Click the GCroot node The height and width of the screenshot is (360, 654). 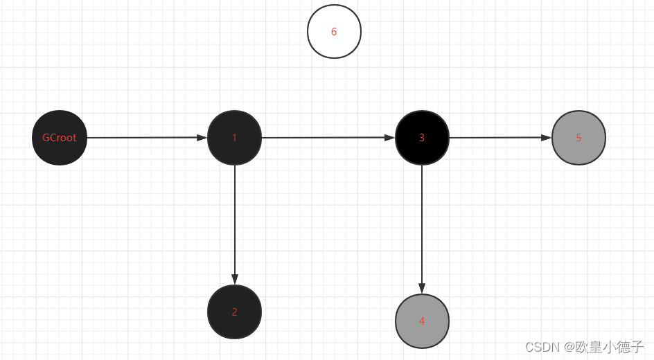coord(60,138)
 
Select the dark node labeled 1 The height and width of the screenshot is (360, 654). coord(234,138)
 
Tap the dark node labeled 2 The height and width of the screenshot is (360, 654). coord(234,312)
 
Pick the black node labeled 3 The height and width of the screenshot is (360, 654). coord(422,138)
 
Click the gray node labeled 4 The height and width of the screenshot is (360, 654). coord(422,321)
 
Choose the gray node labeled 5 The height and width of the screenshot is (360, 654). coord(578,138)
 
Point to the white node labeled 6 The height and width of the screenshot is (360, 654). coord(334,32)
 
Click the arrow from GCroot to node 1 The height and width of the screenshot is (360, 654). coord(145,138)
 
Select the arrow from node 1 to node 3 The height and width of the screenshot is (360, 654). coord(326,138)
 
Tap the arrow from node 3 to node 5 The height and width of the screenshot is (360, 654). coord(499,138)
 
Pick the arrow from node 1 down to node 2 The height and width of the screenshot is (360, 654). coord(235,222)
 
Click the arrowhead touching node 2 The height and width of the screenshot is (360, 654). coord(235,279)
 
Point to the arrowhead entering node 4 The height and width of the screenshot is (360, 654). coord(422,288)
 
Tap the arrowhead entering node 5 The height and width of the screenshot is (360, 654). coord(546,137)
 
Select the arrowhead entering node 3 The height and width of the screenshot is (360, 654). coord(389,137)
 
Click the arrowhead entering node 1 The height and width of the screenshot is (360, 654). coord(202,137)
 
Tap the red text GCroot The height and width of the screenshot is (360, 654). coord(60,138)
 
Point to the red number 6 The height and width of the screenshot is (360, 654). coord(334,32)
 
